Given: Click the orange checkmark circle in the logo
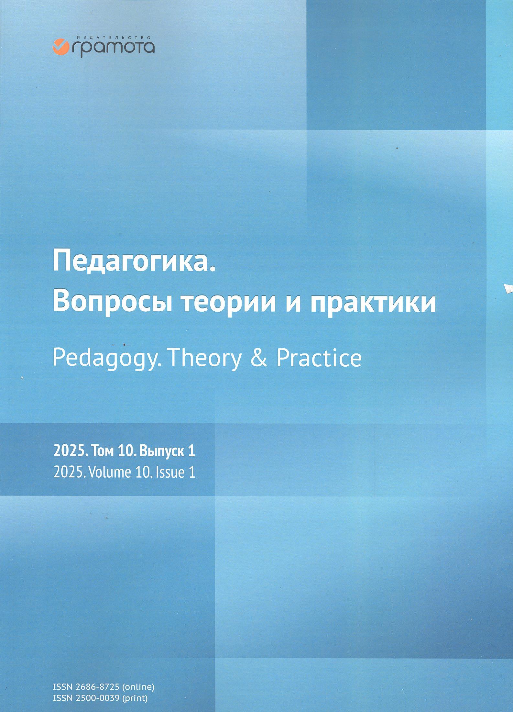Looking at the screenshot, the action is [x=59, y=46].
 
